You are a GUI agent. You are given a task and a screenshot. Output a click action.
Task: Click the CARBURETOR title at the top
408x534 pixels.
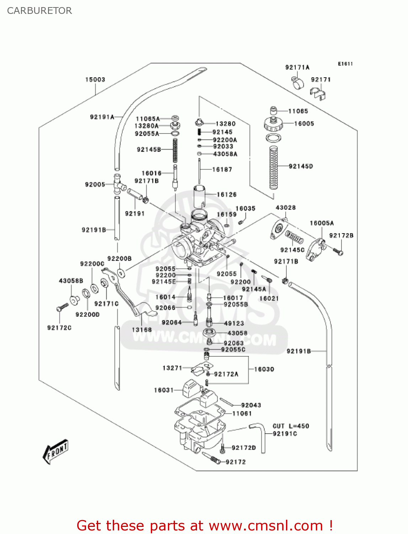click(x=39, y=11)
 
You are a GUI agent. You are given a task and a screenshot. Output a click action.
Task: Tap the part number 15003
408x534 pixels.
click(x=95, y=79)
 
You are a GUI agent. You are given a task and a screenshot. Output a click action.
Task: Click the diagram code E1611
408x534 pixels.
click(x=345, y=64)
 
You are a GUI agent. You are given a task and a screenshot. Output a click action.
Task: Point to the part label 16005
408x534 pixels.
click(x=304, y=124)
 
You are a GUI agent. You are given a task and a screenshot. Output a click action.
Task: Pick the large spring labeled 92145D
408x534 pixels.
click(x=273, y=167)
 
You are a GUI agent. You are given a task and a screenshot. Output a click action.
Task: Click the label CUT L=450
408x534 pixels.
click(x=291, y=426)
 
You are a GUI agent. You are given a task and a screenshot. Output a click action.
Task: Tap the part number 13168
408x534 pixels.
click(x=142, y=330)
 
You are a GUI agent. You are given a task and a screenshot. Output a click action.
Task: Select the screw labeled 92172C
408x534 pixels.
click(x=62, y=307)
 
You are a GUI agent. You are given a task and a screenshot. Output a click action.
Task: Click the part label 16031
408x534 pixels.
click(x=164, y=390)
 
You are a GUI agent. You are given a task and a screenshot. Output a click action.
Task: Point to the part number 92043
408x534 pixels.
click(x=251, y=405)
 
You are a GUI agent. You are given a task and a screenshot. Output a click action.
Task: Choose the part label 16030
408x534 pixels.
click(x=264, y=369)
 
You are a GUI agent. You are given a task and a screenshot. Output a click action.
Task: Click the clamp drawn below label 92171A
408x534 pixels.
click(x=298, y=83)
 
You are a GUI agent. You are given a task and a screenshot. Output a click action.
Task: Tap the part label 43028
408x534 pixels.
click(x=286, y=208)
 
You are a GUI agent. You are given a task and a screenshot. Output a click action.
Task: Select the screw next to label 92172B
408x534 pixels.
click(x=338, y=252)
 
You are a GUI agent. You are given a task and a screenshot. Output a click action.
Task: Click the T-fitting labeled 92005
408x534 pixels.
click(x=118, y=184)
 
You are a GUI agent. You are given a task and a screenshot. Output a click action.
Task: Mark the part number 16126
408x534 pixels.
click(x=227, y=194)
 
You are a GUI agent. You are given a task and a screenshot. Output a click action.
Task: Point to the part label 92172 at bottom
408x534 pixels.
click(x=235, y=462)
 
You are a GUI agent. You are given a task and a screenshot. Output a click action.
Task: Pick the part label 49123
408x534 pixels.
click(x=234, y=323)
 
